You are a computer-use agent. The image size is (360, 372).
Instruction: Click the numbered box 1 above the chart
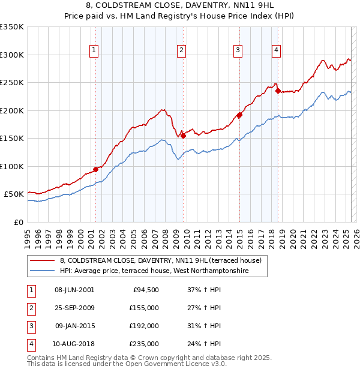[95, 50]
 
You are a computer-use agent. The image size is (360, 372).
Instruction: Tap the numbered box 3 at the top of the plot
[238, 50]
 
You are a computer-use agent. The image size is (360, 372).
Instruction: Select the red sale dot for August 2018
[278, 91]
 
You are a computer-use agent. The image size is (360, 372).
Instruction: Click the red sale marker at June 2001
[95, 169]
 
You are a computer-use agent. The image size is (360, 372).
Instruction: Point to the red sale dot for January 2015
[239, 115]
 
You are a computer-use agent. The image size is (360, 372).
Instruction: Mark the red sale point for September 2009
[183, 136]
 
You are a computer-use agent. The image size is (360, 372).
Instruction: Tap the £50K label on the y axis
[13, 194]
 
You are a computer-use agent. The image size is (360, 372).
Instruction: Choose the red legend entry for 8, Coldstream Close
[160, 261]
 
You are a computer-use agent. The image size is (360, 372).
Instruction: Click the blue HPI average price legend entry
[163, 271]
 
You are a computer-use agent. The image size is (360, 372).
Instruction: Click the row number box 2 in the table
[30, 308]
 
